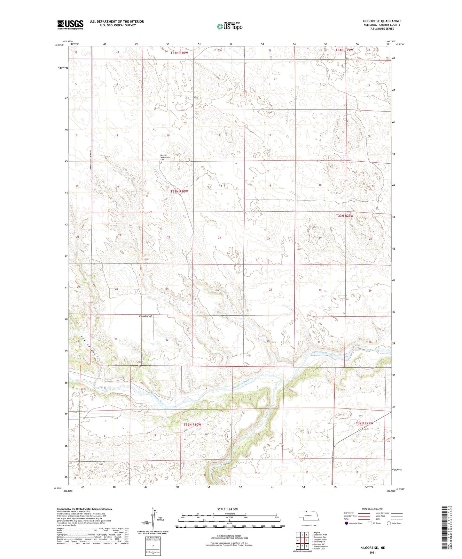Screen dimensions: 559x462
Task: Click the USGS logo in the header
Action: coord(70,25)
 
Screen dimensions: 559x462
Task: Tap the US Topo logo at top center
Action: coord(229,26)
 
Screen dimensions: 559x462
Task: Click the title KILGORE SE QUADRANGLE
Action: coord(380,21)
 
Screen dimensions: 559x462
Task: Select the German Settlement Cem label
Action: coord(165,157)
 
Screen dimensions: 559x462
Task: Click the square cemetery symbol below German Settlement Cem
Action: coord(161,163)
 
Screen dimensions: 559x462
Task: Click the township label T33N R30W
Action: coord(179,191)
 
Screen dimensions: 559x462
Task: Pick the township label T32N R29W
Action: coord(364,423)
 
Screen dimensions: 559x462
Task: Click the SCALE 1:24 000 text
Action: coord(227,509)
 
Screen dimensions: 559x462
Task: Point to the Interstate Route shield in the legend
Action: coord(347,523)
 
